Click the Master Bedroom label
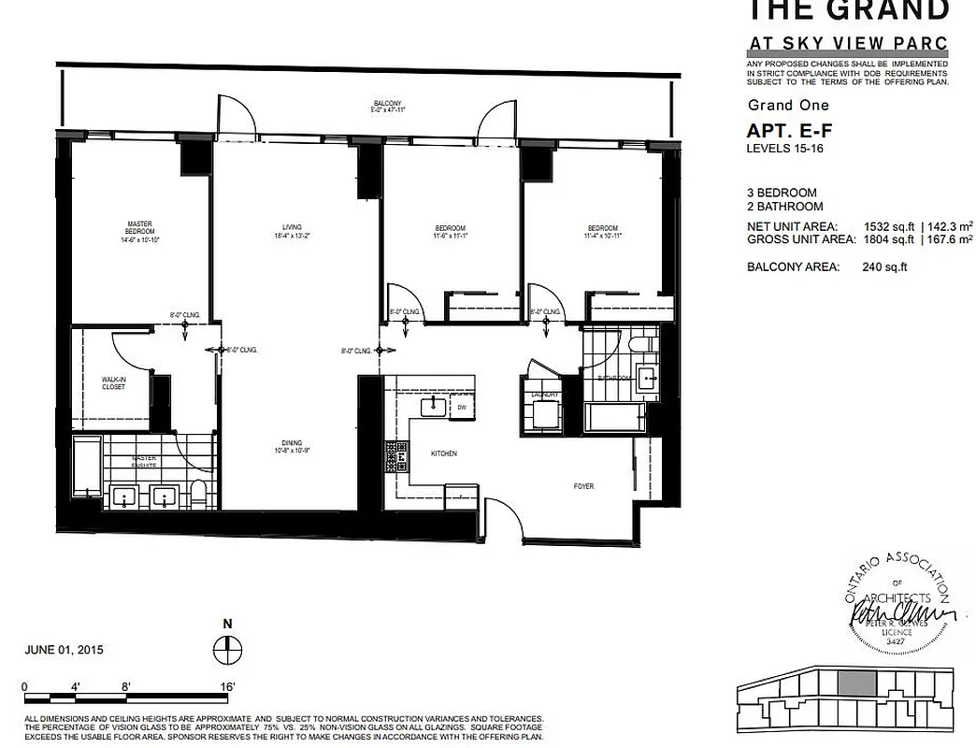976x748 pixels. click(x=140, y=227)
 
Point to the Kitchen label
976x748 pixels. click(x=443, y=453)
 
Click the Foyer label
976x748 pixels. click(x=583, y=486)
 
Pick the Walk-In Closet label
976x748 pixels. click(x=114, y=382)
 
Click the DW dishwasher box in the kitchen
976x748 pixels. click(x=461, y=408)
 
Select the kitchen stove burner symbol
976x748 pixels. click(x=393, y=456)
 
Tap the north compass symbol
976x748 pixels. click(x=227, y=644)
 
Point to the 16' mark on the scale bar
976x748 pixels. click(x=227, y=686)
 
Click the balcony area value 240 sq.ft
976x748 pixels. click(x=886, y=267)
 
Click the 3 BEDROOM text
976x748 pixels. click(x=782, y=193)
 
